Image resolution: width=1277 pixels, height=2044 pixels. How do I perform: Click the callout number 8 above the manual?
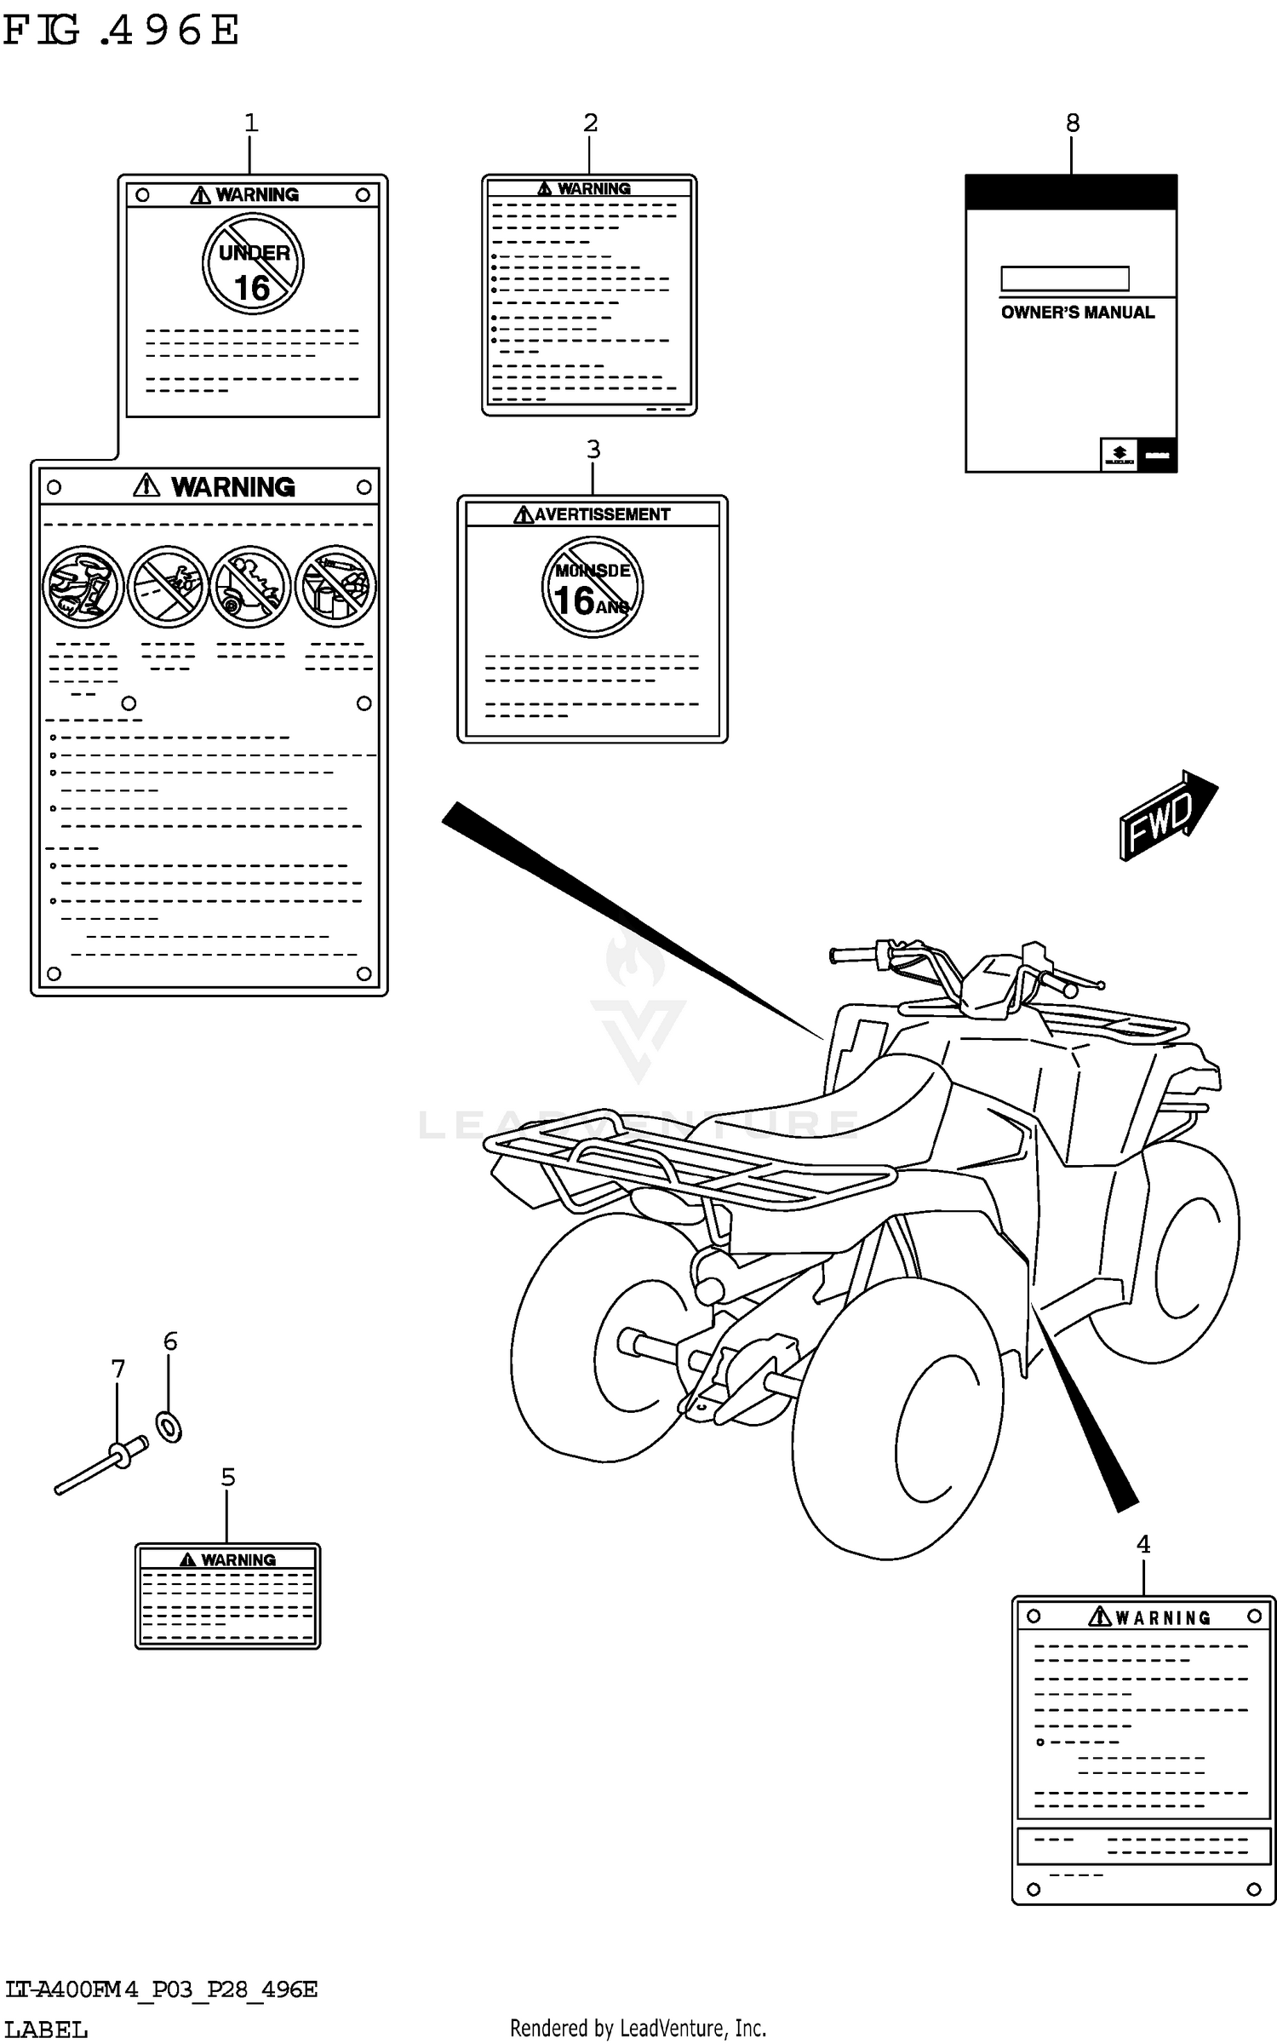1072,123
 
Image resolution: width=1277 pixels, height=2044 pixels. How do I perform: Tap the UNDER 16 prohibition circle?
253,264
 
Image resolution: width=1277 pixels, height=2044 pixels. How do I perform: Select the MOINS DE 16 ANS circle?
593,587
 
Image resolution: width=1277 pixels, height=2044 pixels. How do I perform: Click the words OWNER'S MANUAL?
1077,313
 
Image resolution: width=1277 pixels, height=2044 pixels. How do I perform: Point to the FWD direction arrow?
1166,815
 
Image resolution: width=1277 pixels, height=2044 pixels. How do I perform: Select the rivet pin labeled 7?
100,1467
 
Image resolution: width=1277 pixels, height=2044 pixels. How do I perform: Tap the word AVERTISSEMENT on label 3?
601,514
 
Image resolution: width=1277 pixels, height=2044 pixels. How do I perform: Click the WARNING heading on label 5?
238,1560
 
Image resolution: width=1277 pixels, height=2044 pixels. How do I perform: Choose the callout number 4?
1142,1544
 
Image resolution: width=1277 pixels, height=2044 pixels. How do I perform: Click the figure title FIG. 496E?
121,31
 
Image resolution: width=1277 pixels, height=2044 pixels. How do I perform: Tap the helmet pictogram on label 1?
83,587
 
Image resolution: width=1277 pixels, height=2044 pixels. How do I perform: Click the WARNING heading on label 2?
593,188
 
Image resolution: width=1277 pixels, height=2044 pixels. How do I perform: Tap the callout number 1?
250,123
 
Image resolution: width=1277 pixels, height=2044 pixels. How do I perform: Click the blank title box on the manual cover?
1064,278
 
